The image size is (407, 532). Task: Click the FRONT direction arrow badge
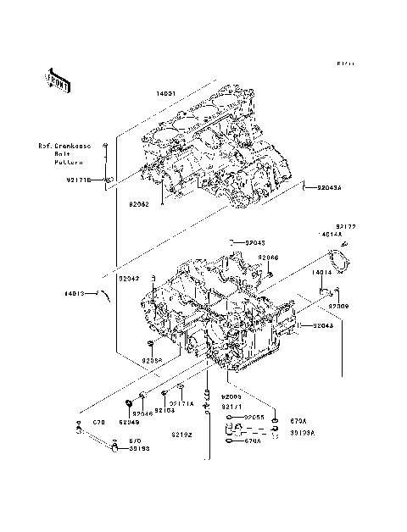coord(58,80)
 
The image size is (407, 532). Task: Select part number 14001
coord(167,94)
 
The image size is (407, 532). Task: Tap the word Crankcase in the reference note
coord(79,146)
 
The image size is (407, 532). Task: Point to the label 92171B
coord(79,180)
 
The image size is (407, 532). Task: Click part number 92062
coord(139,204)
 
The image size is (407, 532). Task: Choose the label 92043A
coord(331,187)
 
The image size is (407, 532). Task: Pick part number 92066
coord(268,258)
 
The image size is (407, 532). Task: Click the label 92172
coord(345,227)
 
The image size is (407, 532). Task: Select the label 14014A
coord(331,235)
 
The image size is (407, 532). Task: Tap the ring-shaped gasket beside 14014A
coord(342,258)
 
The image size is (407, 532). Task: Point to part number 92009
coord(339,305)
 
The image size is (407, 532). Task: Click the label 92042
coord(129,278)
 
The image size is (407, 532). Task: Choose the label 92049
coord(129,421)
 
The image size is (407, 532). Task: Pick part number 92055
coord(254,418)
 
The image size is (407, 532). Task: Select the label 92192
coord(181,435)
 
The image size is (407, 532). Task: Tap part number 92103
coord(164,410)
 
